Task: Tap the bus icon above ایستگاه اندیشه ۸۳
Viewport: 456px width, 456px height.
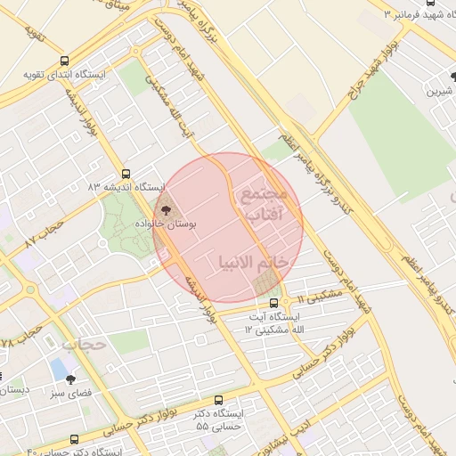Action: pyautogui.click(x=125, y=175)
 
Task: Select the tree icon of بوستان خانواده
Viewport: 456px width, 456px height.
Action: pyautogui.click(x=165, y=209)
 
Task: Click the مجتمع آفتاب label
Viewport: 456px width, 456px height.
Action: pyautogui.click(x=260, y=202)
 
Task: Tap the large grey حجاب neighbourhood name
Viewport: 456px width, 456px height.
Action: pyautogui.click(x=85, y=344)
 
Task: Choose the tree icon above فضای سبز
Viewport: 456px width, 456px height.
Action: pyautogui.click(x=71, y=379)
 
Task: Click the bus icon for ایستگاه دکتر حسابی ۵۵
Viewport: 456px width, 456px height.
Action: pyautogui.click(x=219, y=401)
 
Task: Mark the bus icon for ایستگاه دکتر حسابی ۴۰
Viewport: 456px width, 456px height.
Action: pyautogui.click(x=74, y=439)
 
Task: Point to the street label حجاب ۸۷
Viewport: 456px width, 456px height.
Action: pyautogui.click(x=43, y=235)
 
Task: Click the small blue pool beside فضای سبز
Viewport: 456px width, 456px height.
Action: pyautogui.click(x=59, y=368)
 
